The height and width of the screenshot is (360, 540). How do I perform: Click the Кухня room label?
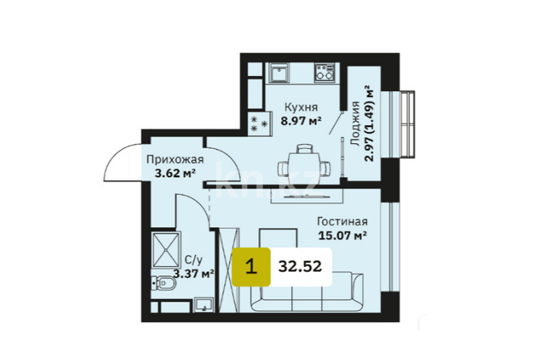tap(301, 107)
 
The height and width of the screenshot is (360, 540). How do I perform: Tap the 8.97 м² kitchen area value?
tap(301, 121)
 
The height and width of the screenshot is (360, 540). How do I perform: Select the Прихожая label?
tap(175, 160)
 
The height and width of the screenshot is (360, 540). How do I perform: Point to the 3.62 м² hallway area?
tap(175, 173)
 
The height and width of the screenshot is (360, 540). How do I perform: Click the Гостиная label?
tap(342, 221)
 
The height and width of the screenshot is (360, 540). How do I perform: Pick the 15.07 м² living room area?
tap(342, 236)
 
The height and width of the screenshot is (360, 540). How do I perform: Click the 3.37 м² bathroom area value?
tap(194, 274)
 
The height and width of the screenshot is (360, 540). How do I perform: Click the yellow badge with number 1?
tap(251, 267)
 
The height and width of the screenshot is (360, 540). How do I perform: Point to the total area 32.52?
tap(300, 267)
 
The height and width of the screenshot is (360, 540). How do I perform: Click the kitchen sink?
tap(279, 73)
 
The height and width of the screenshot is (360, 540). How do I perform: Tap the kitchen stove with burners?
tap(325, 73)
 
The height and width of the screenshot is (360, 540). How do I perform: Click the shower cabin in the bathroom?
tap(166, 250)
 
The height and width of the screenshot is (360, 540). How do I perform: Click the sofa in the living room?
tap(306, 292)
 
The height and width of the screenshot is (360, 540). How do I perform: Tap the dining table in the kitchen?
tap(304, 165)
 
